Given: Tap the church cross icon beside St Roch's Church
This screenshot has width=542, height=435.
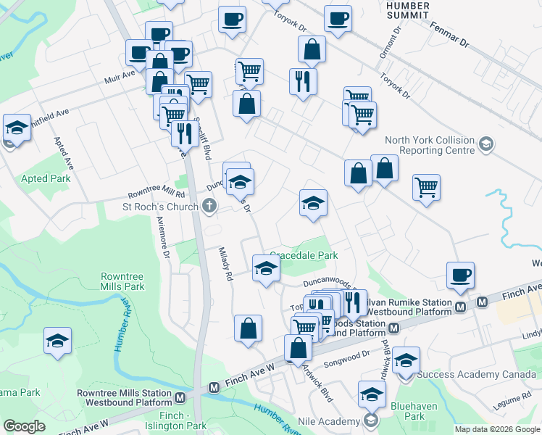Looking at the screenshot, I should (x=209, y=207).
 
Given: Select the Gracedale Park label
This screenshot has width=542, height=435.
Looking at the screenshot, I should (x=304, y=255).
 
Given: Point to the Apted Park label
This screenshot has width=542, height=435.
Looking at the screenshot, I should (x=46, y=178).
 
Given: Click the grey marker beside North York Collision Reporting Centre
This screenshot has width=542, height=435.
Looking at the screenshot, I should (x=485, y=146).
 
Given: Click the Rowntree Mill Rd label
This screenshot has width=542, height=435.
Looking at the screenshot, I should (x=157, y=194).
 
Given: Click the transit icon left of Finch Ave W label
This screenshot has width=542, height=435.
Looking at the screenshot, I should (x=214, y=388).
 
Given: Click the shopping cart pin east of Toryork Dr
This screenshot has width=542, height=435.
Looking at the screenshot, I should (x=427, y=188).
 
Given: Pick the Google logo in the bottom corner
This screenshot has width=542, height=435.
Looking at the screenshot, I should (x=24, y=426).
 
